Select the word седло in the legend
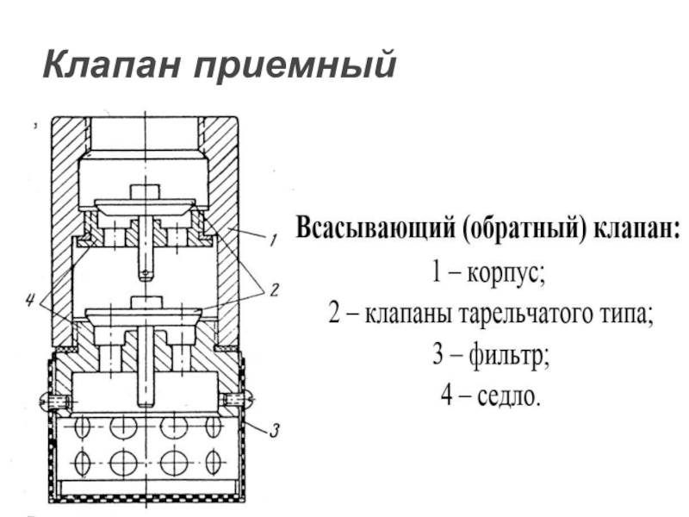pyautogui.click(x=506, y=396)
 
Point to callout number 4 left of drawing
pyautogui.click(x=32, y=301)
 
